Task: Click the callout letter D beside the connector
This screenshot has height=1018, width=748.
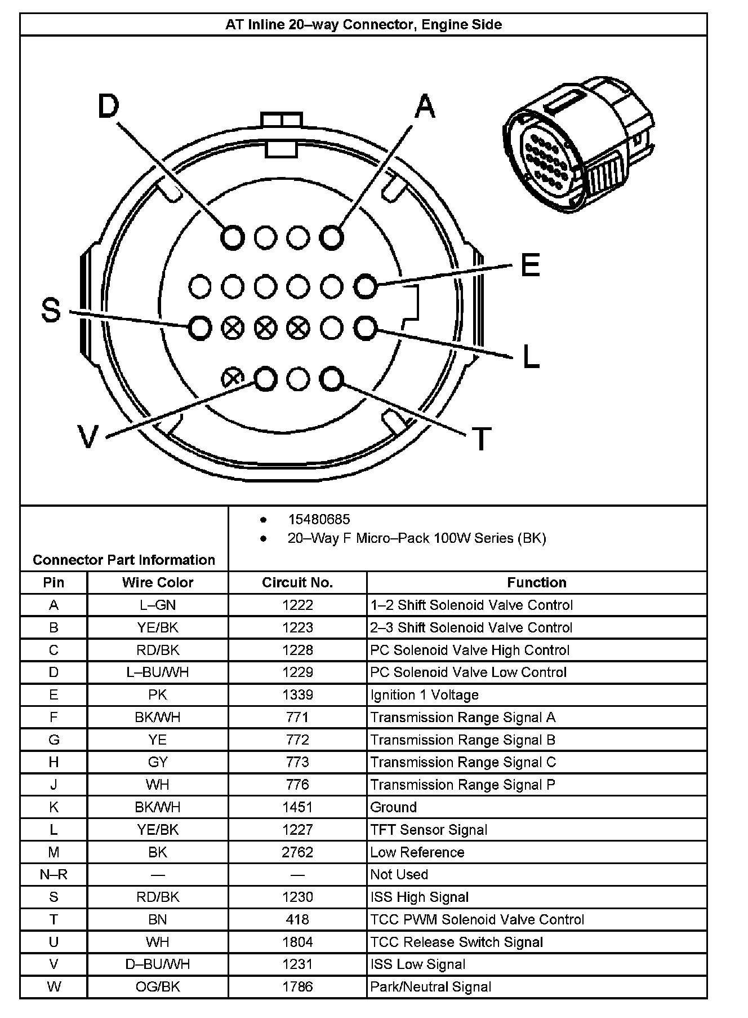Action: click(109, 107)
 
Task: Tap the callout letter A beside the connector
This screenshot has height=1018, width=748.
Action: click(425, 107)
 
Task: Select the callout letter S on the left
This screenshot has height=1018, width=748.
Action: click(51, 310)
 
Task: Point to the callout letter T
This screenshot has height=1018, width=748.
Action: click(480, 439)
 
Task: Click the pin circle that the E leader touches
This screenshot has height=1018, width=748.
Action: click(365, 286)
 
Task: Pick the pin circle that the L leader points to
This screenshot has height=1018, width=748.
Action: click(365, 327)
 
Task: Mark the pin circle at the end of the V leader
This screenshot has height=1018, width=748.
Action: click(265, 379)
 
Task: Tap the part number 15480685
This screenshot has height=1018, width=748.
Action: click(319, 519)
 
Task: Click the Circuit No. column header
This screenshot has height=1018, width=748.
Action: click(297, 582)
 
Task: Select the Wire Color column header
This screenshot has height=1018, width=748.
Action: click(158, 582)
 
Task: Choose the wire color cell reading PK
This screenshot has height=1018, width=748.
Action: click(158, 694)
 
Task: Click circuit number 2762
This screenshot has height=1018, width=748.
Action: click(297, 852)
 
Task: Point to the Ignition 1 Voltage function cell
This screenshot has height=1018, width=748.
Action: click(424, 694)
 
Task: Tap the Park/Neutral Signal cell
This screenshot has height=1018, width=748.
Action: click(430, 986)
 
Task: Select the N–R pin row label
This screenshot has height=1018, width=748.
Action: click(54, 874)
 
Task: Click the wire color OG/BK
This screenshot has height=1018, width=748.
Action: click(158, 986)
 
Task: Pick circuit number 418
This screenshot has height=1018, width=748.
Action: click(297, 919)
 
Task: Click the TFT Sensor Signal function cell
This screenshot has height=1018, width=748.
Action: click(429, 829)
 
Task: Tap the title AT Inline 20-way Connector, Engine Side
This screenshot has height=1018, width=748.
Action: click(363, 25)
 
